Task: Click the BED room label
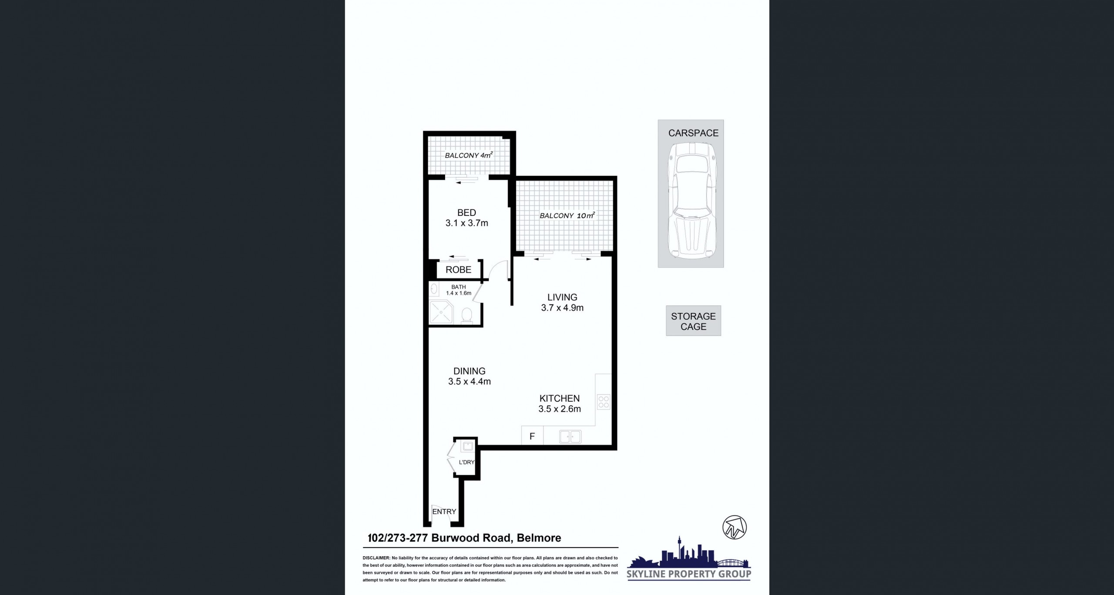click(x=466, y=213)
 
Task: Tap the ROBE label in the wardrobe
click(x=458, y=270)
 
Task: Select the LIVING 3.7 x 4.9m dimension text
click(x=562, y=308)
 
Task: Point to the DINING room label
click(x=470, y=371)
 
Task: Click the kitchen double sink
click(x=570, y=437)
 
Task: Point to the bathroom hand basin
click(x=434, y=288)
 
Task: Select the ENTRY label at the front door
click(x=444, y=511)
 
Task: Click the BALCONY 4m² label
click(x=469, y=155)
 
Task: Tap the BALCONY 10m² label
click(x=567, y=215)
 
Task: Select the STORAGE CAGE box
click(x=693, y=321)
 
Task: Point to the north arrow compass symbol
click(x=735, y=528)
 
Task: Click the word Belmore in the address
click(x=539, y=538)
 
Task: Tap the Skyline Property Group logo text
click(x=689, y=574)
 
